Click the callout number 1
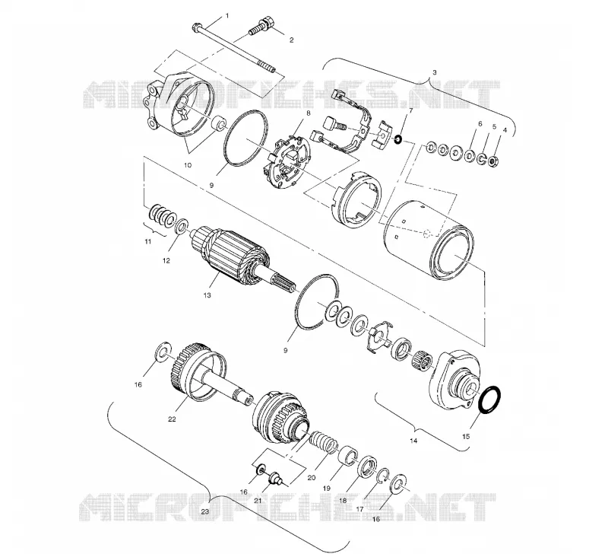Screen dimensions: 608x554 (x=227, y=16)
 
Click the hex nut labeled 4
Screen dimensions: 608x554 (x=493, y=160)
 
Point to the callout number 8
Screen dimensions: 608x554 (x=308, y=113)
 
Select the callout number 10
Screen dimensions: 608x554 (x=188, y=165)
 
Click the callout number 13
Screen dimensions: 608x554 (x=207, y=295)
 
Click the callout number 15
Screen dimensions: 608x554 (x=466, y=436)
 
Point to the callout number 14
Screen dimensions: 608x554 (x=413, y=441)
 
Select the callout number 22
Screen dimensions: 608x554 (x=172, y=419)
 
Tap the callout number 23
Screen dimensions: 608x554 (x=204, y=511)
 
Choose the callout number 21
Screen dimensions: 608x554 (x=258, y=501)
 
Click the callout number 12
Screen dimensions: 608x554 (x=166, y=261)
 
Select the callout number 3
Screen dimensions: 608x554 (x=434, y=72)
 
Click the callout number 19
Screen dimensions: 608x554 (x=326, y=489)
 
